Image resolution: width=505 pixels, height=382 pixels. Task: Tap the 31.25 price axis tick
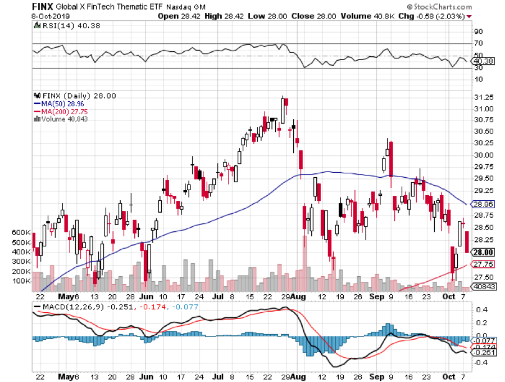click(484, 97)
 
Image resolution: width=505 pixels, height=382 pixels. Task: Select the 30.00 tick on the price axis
click(484, 155)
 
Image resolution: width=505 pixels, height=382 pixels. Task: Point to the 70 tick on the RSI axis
click(479, 43)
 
